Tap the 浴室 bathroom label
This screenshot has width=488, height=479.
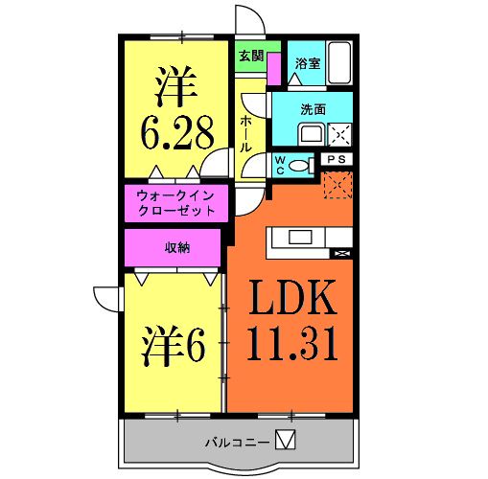click(307, 64)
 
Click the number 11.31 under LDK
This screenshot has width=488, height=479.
click(293, 342)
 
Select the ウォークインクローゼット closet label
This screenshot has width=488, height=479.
click(175, 201)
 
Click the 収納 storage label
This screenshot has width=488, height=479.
click(176, 247)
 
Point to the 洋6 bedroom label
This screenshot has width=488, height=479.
click(174, 346)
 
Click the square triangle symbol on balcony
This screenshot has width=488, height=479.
click(286, 441)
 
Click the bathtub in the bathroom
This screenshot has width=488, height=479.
click(337, 62)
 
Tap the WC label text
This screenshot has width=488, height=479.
click(281, 162)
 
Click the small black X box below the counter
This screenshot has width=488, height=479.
click(339, 253)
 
